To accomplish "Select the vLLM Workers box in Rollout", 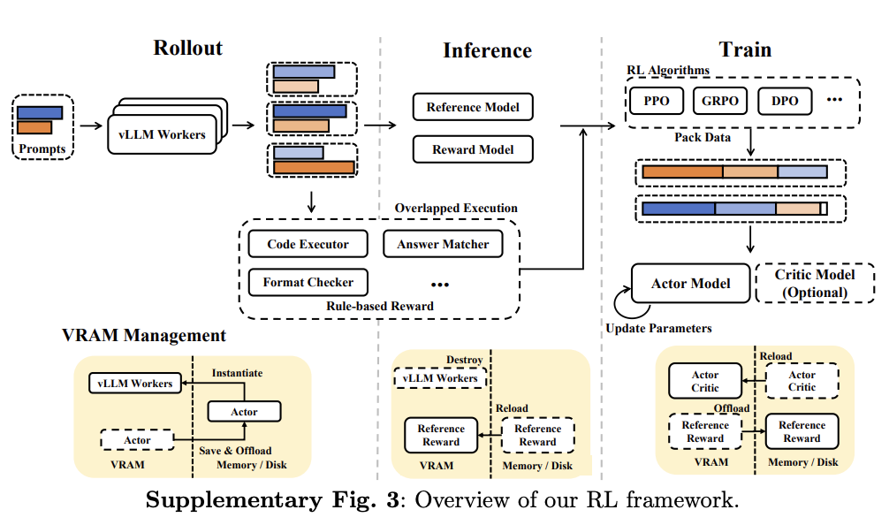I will [162, 134].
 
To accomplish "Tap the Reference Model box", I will [473, 108].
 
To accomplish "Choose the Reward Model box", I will [473, 149].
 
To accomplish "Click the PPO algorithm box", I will [656, 101].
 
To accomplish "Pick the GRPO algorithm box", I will [720, 101].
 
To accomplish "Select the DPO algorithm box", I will [785, 101].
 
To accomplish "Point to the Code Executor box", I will [308, 244].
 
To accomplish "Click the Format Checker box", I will [308, 283].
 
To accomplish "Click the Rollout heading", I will [188, 48].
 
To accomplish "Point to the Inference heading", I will [487, 51].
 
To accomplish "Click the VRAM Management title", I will [144, 336].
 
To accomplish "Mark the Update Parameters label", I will [658, 328].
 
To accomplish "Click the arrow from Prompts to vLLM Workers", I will [91, 126].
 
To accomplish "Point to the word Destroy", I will [465, 360].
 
